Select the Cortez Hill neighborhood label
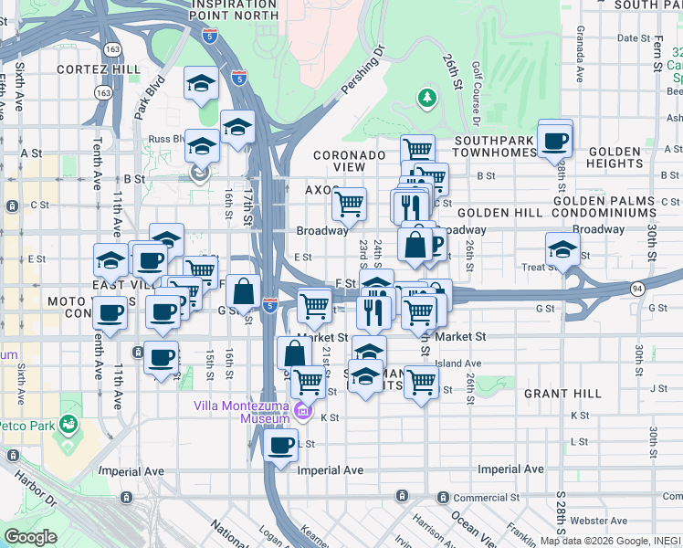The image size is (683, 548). [99, 68]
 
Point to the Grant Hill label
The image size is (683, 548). [562, 394]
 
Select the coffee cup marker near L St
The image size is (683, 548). [280, 445]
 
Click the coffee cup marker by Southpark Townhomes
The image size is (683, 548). [554, 140]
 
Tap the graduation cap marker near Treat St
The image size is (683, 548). [562, 248]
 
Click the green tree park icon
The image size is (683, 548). [426, 96]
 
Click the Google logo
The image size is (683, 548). [30, 537]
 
